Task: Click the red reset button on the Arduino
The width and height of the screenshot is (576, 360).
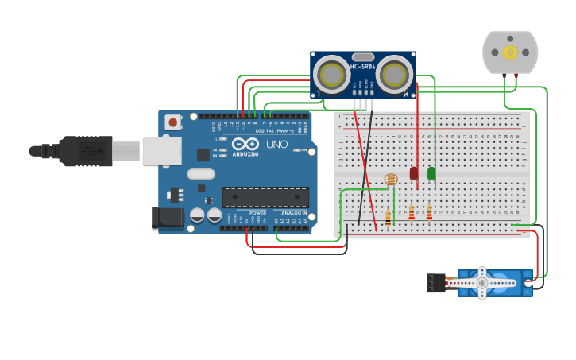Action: (172, 122)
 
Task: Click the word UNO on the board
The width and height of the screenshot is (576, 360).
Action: (276, 145)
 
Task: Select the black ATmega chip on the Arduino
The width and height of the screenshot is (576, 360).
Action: (265, 197)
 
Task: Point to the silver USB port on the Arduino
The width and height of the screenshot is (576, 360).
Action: (161, 151)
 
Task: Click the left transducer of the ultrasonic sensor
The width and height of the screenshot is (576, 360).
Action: (331, 75)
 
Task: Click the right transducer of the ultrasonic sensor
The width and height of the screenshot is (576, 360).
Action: (395, 75)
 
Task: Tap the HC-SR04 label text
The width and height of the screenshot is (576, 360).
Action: (362, 67)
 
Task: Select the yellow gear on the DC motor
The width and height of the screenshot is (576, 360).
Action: (510, 52)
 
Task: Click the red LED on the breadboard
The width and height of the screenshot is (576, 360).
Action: (414, 172)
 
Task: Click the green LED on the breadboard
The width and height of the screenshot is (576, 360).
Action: (431, 172)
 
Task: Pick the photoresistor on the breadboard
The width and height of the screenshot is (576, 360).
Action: (390, 180)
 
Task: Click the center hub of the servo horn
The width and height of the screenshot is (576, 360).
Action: (481, 282)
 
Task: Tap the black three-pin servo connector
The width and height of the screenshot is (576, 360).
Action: (435, 282)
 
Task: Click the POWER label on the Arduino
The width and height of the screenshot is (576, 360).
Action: (258, 213)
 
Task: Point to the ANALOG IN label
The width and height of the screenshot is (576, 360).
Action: (291, 213)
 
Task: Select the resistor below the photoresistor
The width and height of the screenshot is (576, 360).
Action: (388, 218)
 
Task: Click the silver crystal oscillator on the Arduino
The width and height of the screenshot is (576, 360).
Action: (201, 174)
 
